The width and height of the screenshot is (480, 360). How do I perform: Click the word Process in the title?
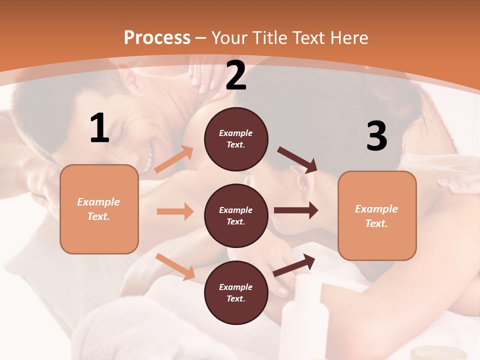pyautogui.click(x=157, y=38)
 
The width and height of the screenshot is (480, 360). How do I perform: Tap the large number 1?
pyautogui.click(x=99, y=128)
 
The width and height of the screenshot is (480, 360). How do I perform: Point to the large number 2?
pyautogui.click(x=236, y=75)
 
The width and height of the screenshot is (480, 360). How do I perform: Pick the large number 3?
pyautogui.click(x=376, y=136)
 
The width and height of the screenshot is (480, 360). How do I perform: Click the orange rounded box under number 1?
pyautogui.click(x=99, y=209)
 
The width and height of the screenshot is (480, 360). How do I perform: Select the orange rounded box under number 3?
pyautogui.click(x=377, y=216)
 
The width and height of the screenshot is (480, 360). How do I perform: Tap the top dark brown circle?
pyautogui.click(x=236, y=139)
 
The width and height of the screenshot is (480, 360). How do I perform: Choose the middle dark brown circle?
pyautogui.click(x=236, y=216)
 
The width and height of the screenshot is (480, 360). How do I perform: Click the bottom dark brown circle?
pyautogui.click(x=236, y=293)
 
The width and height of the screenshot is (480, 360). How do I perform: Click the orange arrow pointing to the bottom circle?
pyautogui.click(x=175, y=266)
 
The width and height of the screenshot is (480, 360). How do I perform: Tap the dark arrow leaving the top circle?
pyautogui.click(x=297, y=159)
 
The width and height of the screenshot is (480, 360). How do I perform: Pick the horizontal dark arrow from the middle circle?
pyautogui.click(x=296, y=210)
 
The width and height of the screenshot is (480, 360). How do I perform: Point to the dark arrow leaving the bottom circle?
pyautogui.click(x=294, y=265)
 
